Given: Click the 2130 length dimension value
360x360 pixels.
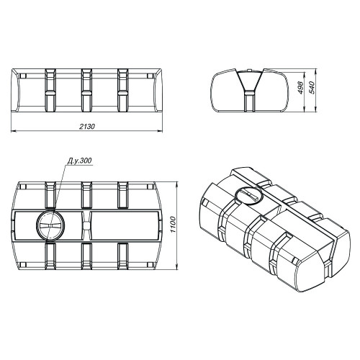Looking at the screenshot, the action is [87, 127].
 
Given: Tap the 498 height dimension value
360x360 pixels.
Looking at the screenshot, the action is [301, 88].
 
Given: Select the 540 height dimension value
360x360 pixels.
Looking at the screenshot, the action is [311, 88].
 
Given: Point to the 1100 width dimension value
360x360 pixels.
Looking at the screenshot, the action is [173, 225].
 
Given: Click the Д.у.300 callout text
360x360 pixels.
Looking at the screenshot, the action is [79, 161].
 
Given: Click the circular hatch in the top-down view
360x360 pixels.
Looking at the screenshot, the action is [50, 225].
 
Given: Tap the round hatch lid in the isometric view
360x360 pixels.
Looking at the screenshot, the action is [248, 194].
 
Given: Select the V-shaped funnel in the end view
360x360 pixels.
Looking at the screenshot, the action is [250, 81].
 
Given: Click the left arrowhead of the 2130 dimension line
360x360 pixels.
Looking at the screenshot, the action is [14, 131].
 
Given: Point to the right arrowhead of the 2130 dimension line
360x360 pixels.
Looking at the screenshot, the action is [160, 131].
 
